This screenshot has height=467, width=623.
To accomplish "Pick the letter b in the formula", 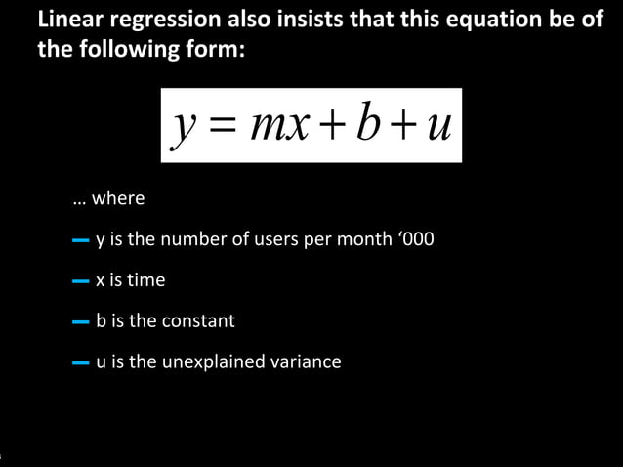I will [369, 124].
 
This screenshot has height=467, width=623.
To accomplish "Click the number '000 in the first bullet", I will [417, 239].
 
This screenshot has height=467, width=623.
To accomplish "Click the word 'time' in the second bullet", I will [146, 280].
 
